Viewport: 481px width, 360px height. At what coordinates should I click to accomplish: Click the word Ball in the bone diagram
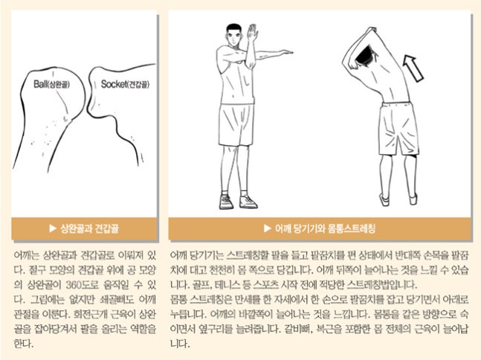pyautogui.click(x=40, y=84)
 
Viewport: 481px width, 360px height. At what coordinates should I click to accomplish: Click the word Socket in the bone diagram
pyautogui.click(x=114, y=84)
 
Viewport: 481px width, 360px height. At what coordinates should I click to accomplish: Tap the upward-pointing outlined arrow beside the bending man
pyautogui.click(x=413, y=68)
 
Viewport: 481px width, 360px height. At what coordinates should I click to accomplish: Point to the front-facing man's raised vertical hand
pyautogui.click(x=252, y=33)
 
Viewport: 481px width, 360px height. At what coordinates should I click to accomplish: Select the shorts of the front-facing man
pyautogui.click(x=236, y=125)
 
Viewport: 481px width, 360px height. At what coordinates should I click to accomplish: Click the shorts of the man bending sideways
pyautogui.click(x=398, y=129)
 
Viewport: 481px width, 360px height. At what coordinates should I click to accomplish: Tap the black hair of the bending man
pyautogui.click(x=365, y=55)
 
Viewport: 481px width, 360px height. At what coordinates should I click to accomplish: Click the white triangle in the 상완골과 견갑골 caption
pyautogui.click(x=53, y=228)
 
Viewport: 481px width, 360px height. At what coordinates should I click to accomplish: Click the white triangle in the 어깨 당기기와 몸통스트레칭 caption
pyautogui.click(x=268, y=228)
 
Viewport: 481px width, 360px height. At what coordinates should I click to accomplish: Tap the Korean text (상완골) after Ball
pyautogui.click(x=58, y=85)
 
